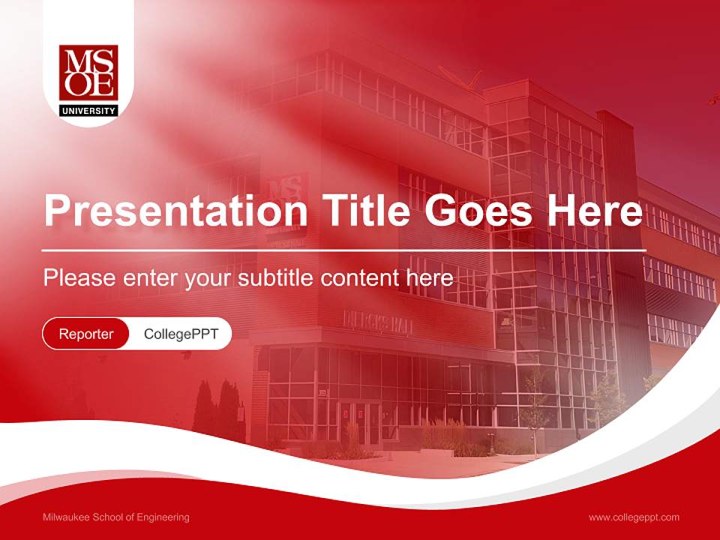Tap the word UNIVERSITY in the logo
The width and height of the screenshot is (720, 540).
coord(88,111)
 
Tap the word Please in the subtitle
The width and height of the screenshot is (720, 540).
coord(79,278)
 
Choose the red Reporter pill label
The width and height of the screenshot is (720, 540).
coord(86,334)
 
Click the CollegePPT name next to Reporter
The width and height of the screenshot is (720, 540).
coord(181,334)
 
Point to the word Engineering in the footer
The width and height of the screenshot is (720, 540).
coord(163,517)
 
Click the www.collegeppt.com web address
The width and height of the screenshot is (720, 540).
coord(634,517)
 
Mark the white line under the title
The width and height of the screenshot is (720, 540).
coord(344,250)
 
